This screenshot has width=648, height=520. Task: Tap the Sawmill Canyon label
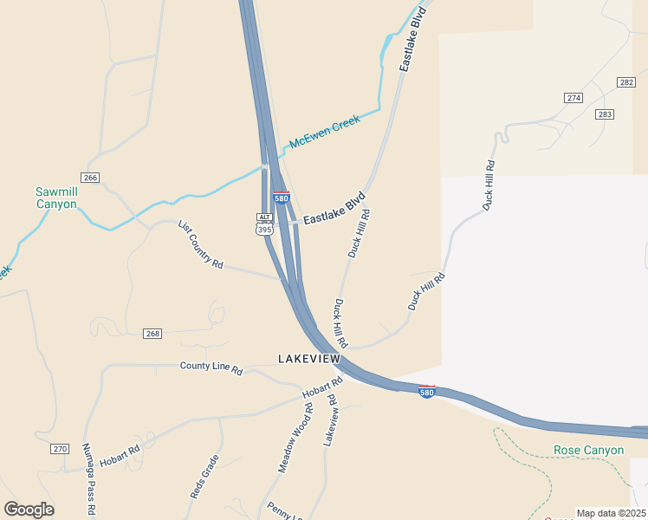[x=56, y=198]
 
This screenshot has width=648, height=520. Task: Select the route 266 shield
[x=91, y=178]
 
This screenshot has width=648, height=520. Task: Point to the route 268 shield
[x=153, y=334]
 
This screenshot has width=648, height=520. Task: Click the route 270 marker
[x=59, y=449]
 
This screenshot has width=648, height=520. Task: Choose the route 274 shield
[x=573, y=98]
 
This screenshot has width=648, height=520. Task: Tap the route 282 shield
[x=626, y=81]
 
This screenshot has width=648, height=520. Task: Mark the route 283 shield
[x=605, y=114]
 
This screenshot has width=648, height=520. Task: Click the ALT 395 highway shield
[x=264, y=224]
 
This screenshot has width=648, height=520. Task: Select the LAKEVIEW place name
[x=309, y=359]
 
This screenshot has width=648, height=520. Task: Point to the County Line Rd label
[x=211, y=367]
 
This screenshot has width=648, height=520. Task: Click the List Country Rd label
[x=201, y=244]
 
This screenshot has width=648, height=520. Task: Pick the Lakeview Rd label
[x=330, y=420]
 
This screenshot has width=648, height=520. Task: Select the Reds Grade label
[x=204, y=476]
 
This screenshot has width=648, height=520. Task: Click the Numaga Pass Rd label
[x=87, y=469]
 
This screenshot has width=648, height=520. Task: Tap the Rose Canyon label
[x=588, y=450]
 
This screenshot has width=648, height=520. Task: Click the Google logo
[x=29, y=510]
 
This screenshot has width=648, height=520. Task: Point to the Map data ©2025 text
[x=610, y=513]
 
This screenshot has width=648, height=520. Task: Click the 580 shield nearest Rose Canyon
[x=426, y=392]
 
